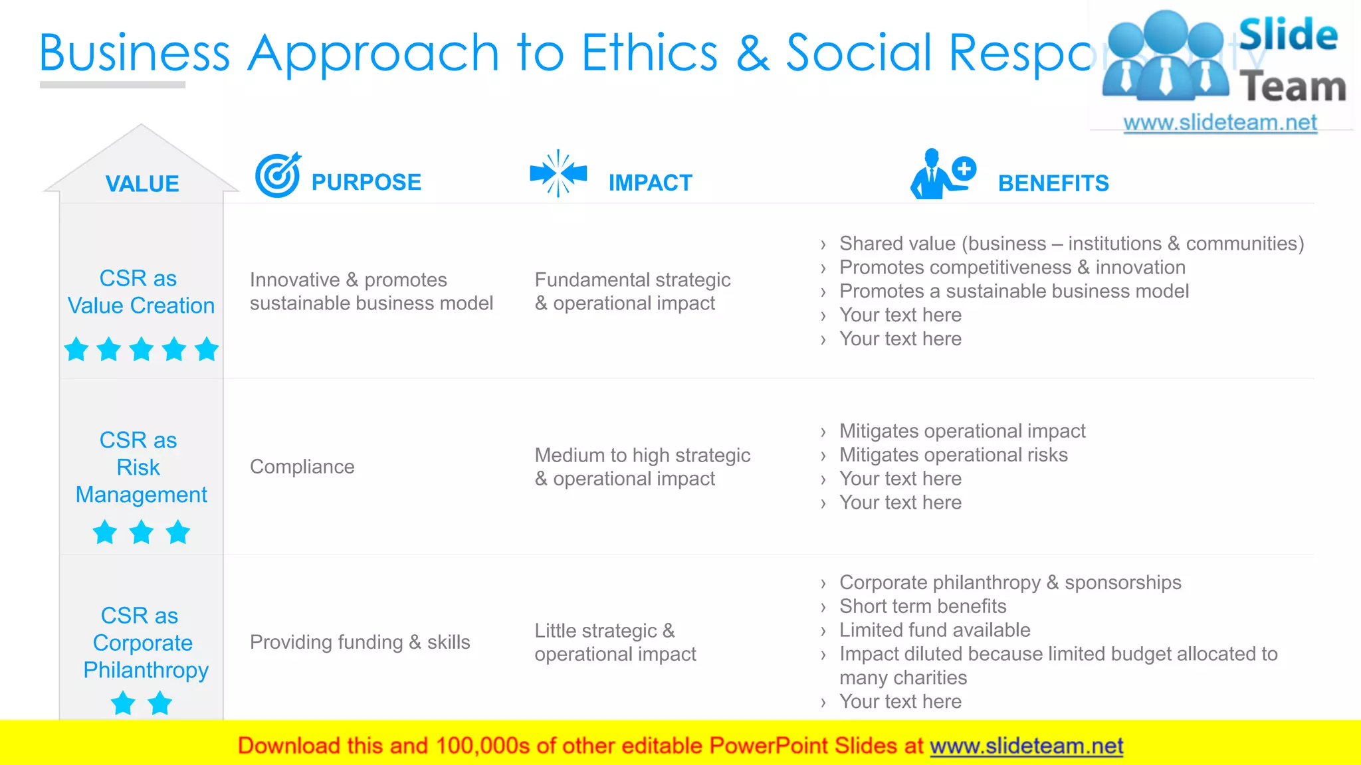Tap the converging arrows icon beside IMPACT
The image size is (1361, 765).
pos(558,173)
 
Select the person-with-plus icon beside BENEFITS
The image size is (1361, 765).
pos(942,174)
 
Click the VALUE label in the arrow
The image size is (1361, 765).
pos(142,184)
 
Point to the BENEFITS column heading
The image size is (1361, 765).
pos(1053,183)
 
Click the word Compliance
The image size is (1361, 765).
pos(302,467)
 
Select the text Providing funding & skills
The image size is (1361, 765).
pos(360,642)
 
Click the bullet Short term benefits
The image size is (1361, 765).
pos(922,606)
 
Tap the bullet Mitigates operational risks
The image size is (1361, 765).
pos(953,455)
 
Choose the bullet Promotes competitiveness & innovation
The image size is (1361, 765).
pos(1011,268)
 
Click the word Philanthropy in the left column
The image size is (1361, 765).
pos(146,670)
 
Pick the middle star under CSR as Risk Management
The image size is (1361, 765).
pos(142,533)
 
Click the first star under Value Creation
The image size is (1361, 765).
pos(76,349)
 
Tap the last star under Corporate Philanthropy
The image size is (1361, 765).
pos(159,703)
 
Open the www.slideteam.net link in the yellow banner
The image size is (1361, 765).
pos(1026,746)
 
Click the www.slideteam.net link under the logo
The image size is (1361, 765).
pos(1219,123)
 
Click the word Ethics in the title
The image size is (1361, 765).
pos(649,52)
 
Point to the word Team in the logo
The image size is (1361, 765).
pos(1292,88)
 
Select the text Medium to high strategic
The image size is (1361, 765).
pos(642,456)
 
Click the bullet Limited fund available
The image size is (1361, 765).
pos(934,630)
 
